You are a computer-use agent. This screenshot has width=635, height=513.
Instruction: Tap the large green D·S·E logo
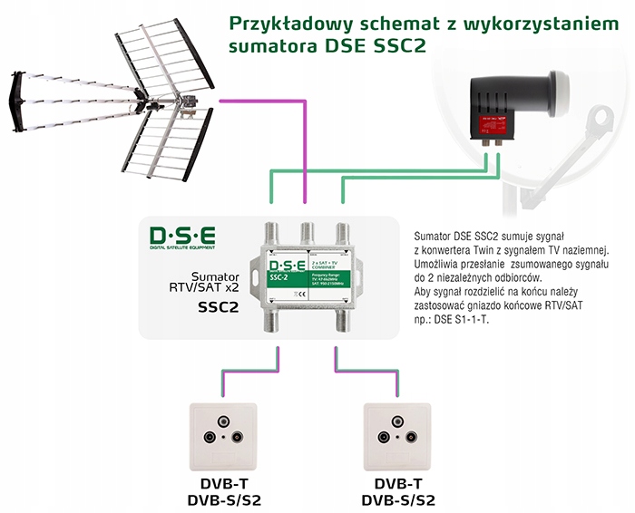click(183, 238)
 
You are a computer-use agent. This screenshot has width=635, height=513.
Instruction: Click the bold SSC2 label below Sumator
click(218, 307)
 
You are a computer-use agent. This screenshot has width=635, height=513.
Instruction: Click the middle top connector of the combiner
click(306, 234)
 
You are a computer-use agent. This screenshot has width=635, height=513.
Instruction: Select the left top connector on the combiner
click(271, 234)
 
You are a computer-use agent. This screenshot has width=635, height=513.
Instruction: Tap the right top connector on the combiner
click(340, 234)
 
